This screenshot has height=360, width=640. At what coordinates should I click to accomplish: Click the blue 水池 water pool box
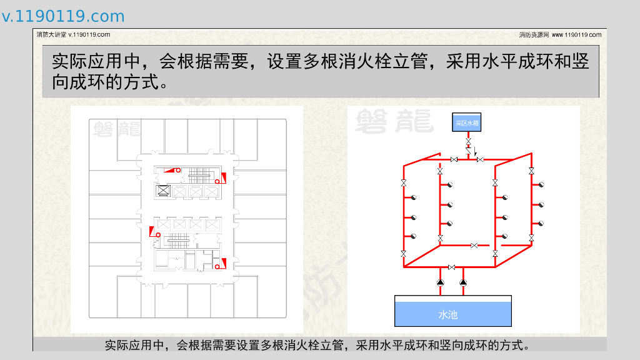point(452,311)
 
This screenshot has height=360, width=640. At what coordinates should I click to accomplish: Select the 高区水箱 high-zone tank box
point(466,122)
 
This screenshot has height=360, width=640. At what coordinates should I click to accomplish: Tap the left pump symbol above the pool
point(441,282)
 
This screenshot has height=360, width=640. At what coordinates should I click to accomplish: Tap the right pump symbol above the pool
point(463,282)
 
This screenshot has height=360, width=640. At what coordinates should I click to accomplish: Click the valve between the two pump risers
point(451,267)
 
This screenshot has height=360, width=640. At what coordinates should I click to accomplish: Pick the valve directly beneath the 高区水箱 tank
point(469,141)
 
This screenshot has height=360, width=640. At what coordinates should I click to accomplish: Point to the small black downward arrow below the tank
point(475,151)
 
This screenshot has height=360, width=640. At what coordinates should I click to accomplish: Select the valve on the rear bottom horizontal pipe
point(474,245)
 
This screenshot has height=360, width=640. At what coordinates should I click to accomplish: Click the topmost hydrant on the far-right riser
point(541,185)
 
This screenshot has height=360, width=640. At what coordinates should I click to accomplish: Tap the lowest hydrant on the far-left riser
point(414,236)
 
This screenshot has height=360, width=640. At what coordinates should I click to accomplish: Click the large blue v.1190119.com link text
point(63,16)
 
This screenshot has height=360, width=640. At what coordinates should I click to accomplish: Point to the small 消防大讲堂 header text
point(51,35)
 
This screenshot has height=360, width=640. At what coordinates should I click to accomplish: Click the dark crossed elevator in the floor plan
point(163,190)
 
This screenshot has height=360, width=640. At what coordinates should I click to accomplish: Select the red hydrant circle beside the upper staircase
point(217,181)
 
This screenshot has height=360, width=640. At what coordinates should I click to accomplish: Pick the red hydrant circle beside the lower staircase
point(158,235)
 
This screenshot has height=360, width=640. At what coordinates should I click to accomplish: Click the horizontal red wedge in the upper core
point(170,170)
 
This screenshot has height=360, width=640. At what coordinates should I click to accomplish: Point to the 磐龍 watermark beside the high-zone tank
point(394,121)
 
